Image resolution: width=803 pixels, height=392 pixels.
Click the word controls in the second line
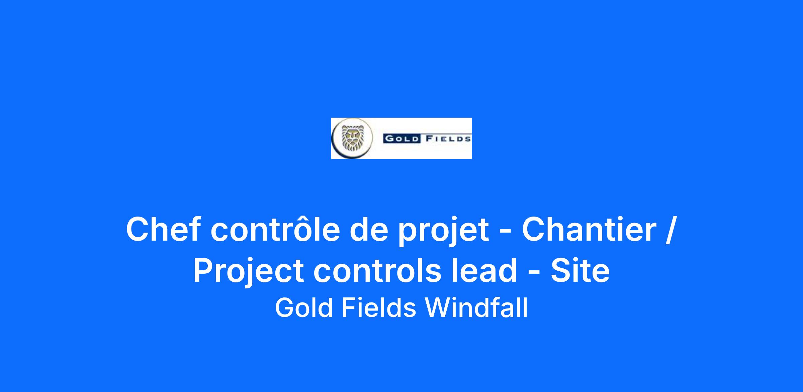tap(377, 271)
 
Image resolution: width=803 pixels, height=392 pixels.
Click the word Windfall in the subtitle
tap(476, 308)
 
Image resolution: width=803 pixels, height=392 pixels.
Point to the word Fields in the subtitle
tap(379, 308)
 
